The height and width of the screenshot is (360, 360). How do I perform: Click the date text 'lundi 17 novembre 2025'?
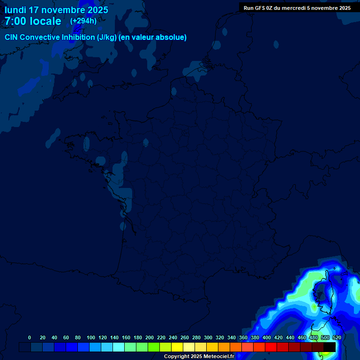[x=56, y=10]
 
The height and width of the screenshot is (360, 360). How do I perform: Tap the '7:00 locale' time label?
[x=33, y=21]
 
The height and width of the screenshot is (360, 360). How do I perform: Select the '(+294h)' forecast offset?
[x=83, y=21]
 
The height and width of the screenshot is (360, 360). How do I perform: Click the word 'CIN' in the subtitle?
[x=11, y=37]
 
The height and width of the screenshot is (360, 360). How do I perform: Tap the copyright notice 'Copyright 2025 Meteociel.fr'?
[x=199, y=356]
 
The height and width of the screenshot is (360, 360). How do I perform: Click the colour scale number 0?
[x=30, y=337]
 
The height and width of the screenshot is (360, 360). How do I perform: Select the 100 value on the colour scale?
[x=91, y=337]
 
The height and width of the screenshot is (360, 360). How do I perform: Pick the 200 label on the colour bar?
[x=150, y=337]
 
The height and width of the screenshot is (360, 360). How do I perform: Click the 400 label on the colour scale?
[x=267, y=337]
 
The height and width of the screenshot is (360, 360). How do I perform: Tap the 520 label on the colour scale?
[x=337, y=337]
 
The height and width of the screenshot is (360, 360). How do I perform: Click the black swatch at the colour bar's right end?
[x=330, y=347]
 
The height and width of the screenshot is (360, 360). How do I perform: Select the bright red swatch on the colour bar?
[x=271, y=347]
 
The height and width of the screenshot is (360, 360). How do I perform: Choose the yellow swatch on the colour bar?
[x=177, y=347]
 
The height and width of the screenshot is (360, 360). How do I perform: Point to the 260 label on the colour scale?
[x=185, y=337]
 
